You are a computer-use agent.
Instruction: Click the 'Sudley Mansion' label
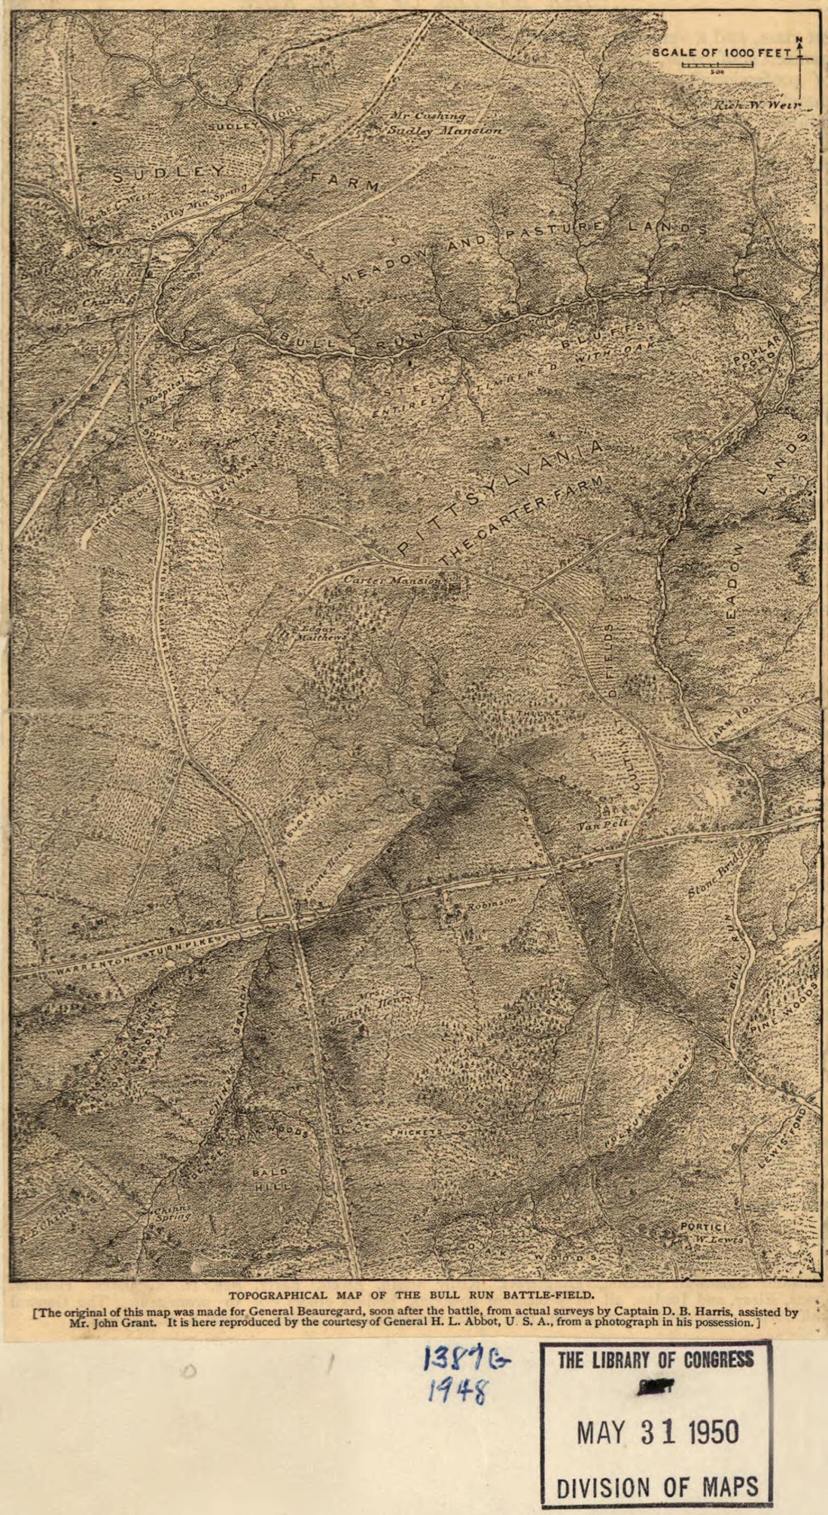tap(444, 130)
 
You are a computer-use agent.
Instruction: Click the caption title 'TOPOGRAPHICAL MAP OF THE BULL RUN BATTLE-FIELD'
tap(411, 1296)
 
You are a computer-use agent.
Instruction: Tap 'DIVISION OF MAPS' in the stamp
tap(657, 1486)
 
